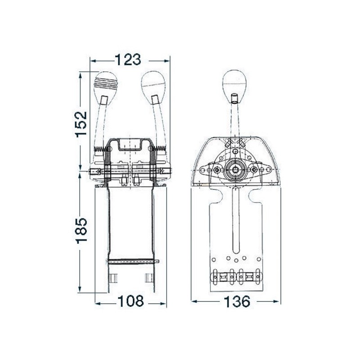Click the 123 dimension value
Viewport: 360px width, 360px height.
[x=128, y=60]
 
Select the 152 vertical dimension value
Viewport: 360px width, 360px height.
[x=81, y=124]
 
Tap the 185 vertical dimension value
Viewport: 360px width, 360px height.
[x=82, y=230]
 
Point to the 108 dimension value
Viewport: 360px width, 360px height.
[x=130, y=301]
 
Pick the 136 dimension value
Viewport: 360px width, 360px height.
[x=237, y=301]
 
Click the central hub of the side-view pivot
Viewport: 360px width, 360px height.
[x=235, y=170]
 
